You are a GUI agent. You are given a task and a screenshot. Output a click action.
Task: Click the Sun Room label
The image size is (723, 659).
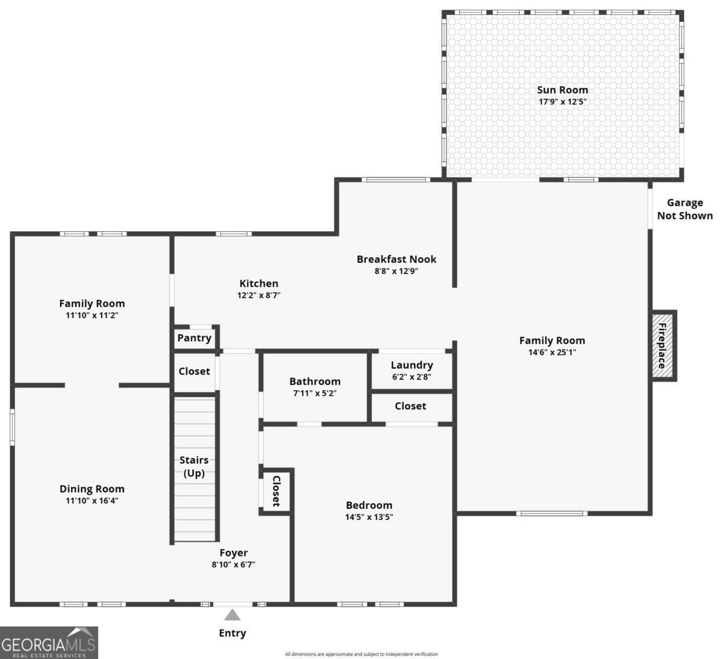562,90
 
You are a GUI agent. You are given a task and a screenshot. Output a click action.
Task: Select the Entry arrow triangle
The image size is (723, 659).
233,615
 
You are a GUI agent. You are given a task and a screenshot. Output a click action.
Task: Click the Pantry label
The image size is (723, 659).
194,338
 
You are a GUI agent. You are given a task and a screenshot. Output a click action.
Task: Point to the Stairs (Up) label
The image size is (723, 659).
194,466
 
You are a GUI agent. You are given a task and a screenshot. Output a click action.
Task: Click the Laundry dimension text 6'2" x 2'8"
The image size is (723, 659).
412,377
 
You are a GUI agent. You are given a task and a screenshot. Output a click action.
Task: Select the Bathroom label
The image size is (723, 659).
315,381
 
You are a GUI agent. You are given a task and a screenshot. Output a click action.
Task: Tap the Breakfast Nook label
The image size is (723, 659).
396,259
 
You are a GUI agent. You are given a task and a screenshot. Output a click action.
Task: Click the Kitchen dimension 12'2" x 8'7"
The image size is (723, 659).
258,295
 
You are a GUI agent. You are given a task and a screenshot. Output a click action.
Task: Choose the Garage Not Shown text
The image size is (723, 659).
684,209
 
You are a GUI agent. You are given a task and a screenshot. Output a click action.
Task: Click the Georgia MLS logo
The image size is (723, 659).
49,643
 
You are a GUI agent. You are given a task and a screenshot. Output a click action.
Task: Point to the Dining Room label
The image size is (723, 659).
92,489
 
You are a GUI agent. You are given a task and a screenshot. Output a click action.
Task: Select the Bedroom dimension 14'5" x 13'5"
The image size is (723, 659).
369,517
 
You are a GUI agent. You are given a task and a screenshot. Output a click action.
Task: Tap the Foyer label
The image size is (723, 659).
233,552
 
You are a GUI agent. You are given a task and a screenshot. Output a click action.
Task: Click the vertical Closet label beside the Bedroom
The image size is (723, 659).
277,491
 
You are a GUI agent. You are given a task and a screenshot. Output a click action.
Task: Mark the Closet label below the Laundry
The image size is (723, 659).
410,406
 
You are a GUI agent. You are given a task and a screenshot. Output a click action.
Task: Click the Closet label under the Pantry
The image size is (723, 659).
194,371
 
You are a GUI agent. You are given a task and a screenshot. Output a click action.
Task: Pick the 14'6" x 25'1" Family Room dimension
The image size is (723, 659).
552,352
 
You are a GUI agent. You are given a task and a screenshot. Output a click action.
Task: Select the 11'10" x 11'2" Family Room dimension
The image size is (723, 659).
92,315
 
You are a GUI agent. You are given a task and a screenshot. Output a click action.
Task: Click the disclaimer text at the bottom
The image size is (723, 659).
361,654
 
